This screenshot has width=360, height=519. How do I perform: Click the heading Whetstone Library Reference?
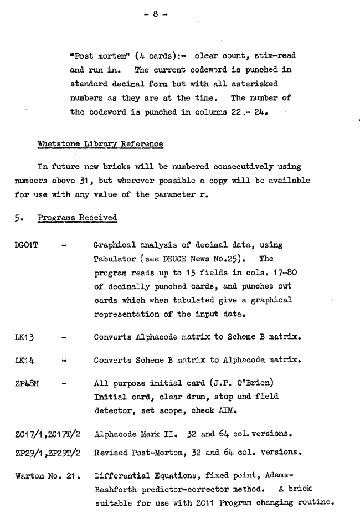pyautogui.click(x=100, y=143)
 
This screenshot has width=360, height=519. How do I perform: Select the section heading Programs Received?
pyautogui.click(x=77, y=218)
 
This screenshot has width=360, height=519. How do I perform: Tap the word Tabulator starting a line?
pyautogui.click(x=115, y=258)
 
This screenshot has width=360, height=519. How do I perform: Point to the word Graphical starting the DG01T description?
pyautogui.click(x=116, y=244)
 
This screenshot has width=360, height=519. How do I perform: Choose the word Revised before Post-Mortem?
pyautogui.click(x=112, y=452)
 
